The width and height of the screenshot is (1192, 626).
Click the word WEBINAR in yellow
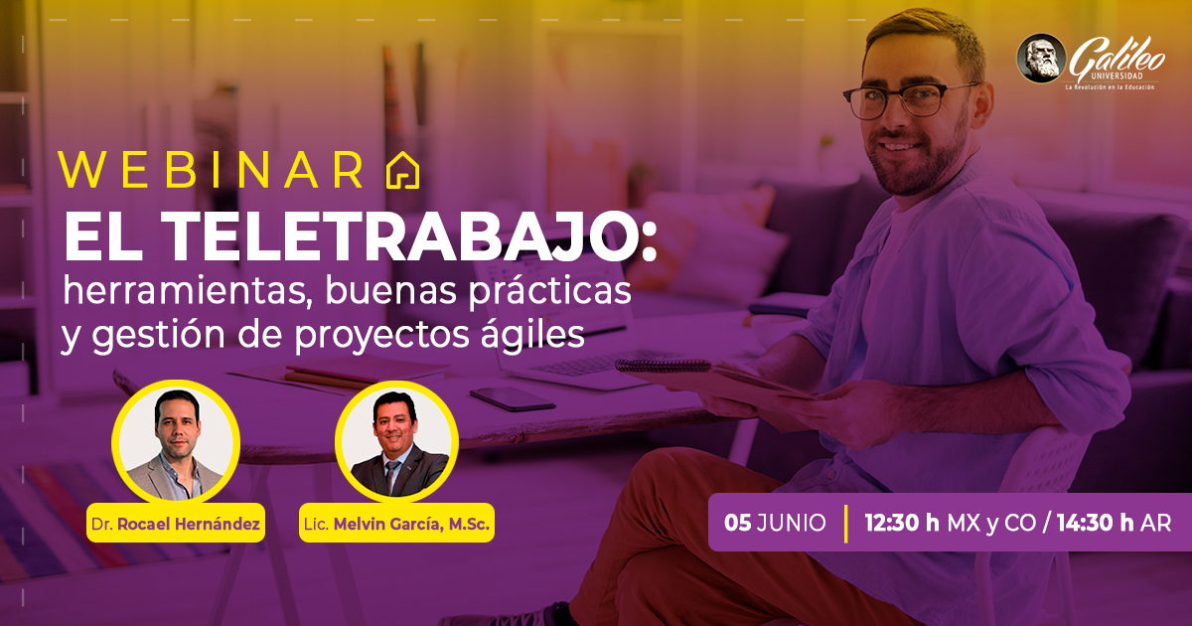pos(212,170)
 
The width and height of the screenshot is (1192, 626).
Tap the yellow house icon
pos(402,170)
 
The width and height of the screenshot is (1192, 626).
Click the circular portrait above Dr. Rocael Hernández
pos(176,443)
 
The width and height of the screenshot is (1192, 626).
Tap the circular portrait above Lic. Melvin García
pos(396,443)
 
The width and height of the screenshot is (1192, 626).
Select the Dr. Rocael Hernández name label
pos(176,524)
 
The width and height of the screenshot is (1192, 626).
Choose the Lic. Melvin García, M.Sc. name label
pos(396,524)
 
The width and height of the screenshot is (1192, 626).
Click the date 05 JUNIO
pos(775,524)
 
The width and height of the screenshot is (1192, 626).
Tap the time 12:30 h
pos(902,524)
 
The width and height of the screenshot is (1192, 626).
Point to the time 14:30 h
pos(1095,524)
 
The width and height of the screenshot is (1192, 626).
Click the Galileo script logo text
pos(1117,58)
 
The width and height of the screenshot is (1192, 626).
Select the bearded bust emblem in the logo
pos(1041,58)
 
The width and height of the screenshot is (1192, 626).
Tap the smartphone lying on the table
pos(513,397)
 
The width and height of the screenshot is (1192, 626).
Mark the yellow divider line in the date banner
pos(845,524)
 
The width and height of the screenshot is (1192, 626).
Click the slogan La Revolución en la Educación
pos(1110,86)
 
